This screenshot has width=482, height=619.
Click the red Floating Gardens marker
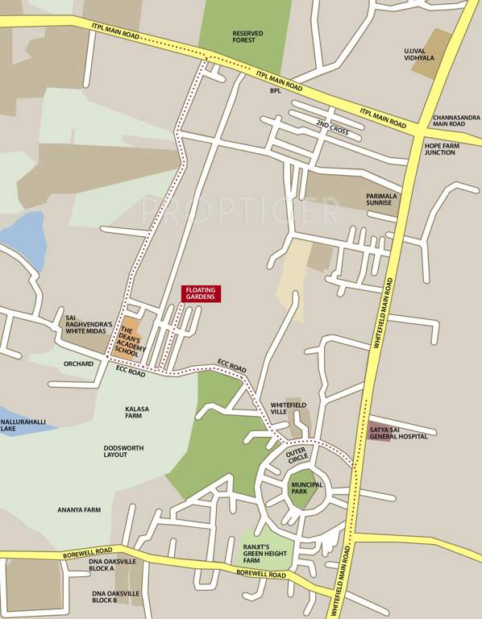point(202,293)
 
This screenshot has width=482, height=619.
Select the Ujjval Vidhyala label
point(419,53)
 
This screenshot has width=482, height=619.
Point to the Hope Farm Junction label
point(440,148)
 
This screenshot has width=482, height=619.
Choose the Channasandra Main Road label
point(455,120)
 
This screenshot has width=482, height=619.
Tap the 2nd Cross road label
point(333,125)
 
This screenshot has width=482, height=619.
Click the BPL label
point(276,91)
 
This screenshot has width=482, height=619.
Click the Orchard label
point(79,364)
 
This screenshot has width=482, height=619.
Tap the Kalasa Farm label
point(137,413)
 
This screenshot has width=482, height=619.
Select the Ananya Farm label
point(79,509)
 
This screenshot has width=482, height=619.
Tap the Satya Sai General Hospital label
point(399,433)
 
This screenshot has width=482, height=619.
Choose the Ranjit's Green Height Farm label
point(263,553)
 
